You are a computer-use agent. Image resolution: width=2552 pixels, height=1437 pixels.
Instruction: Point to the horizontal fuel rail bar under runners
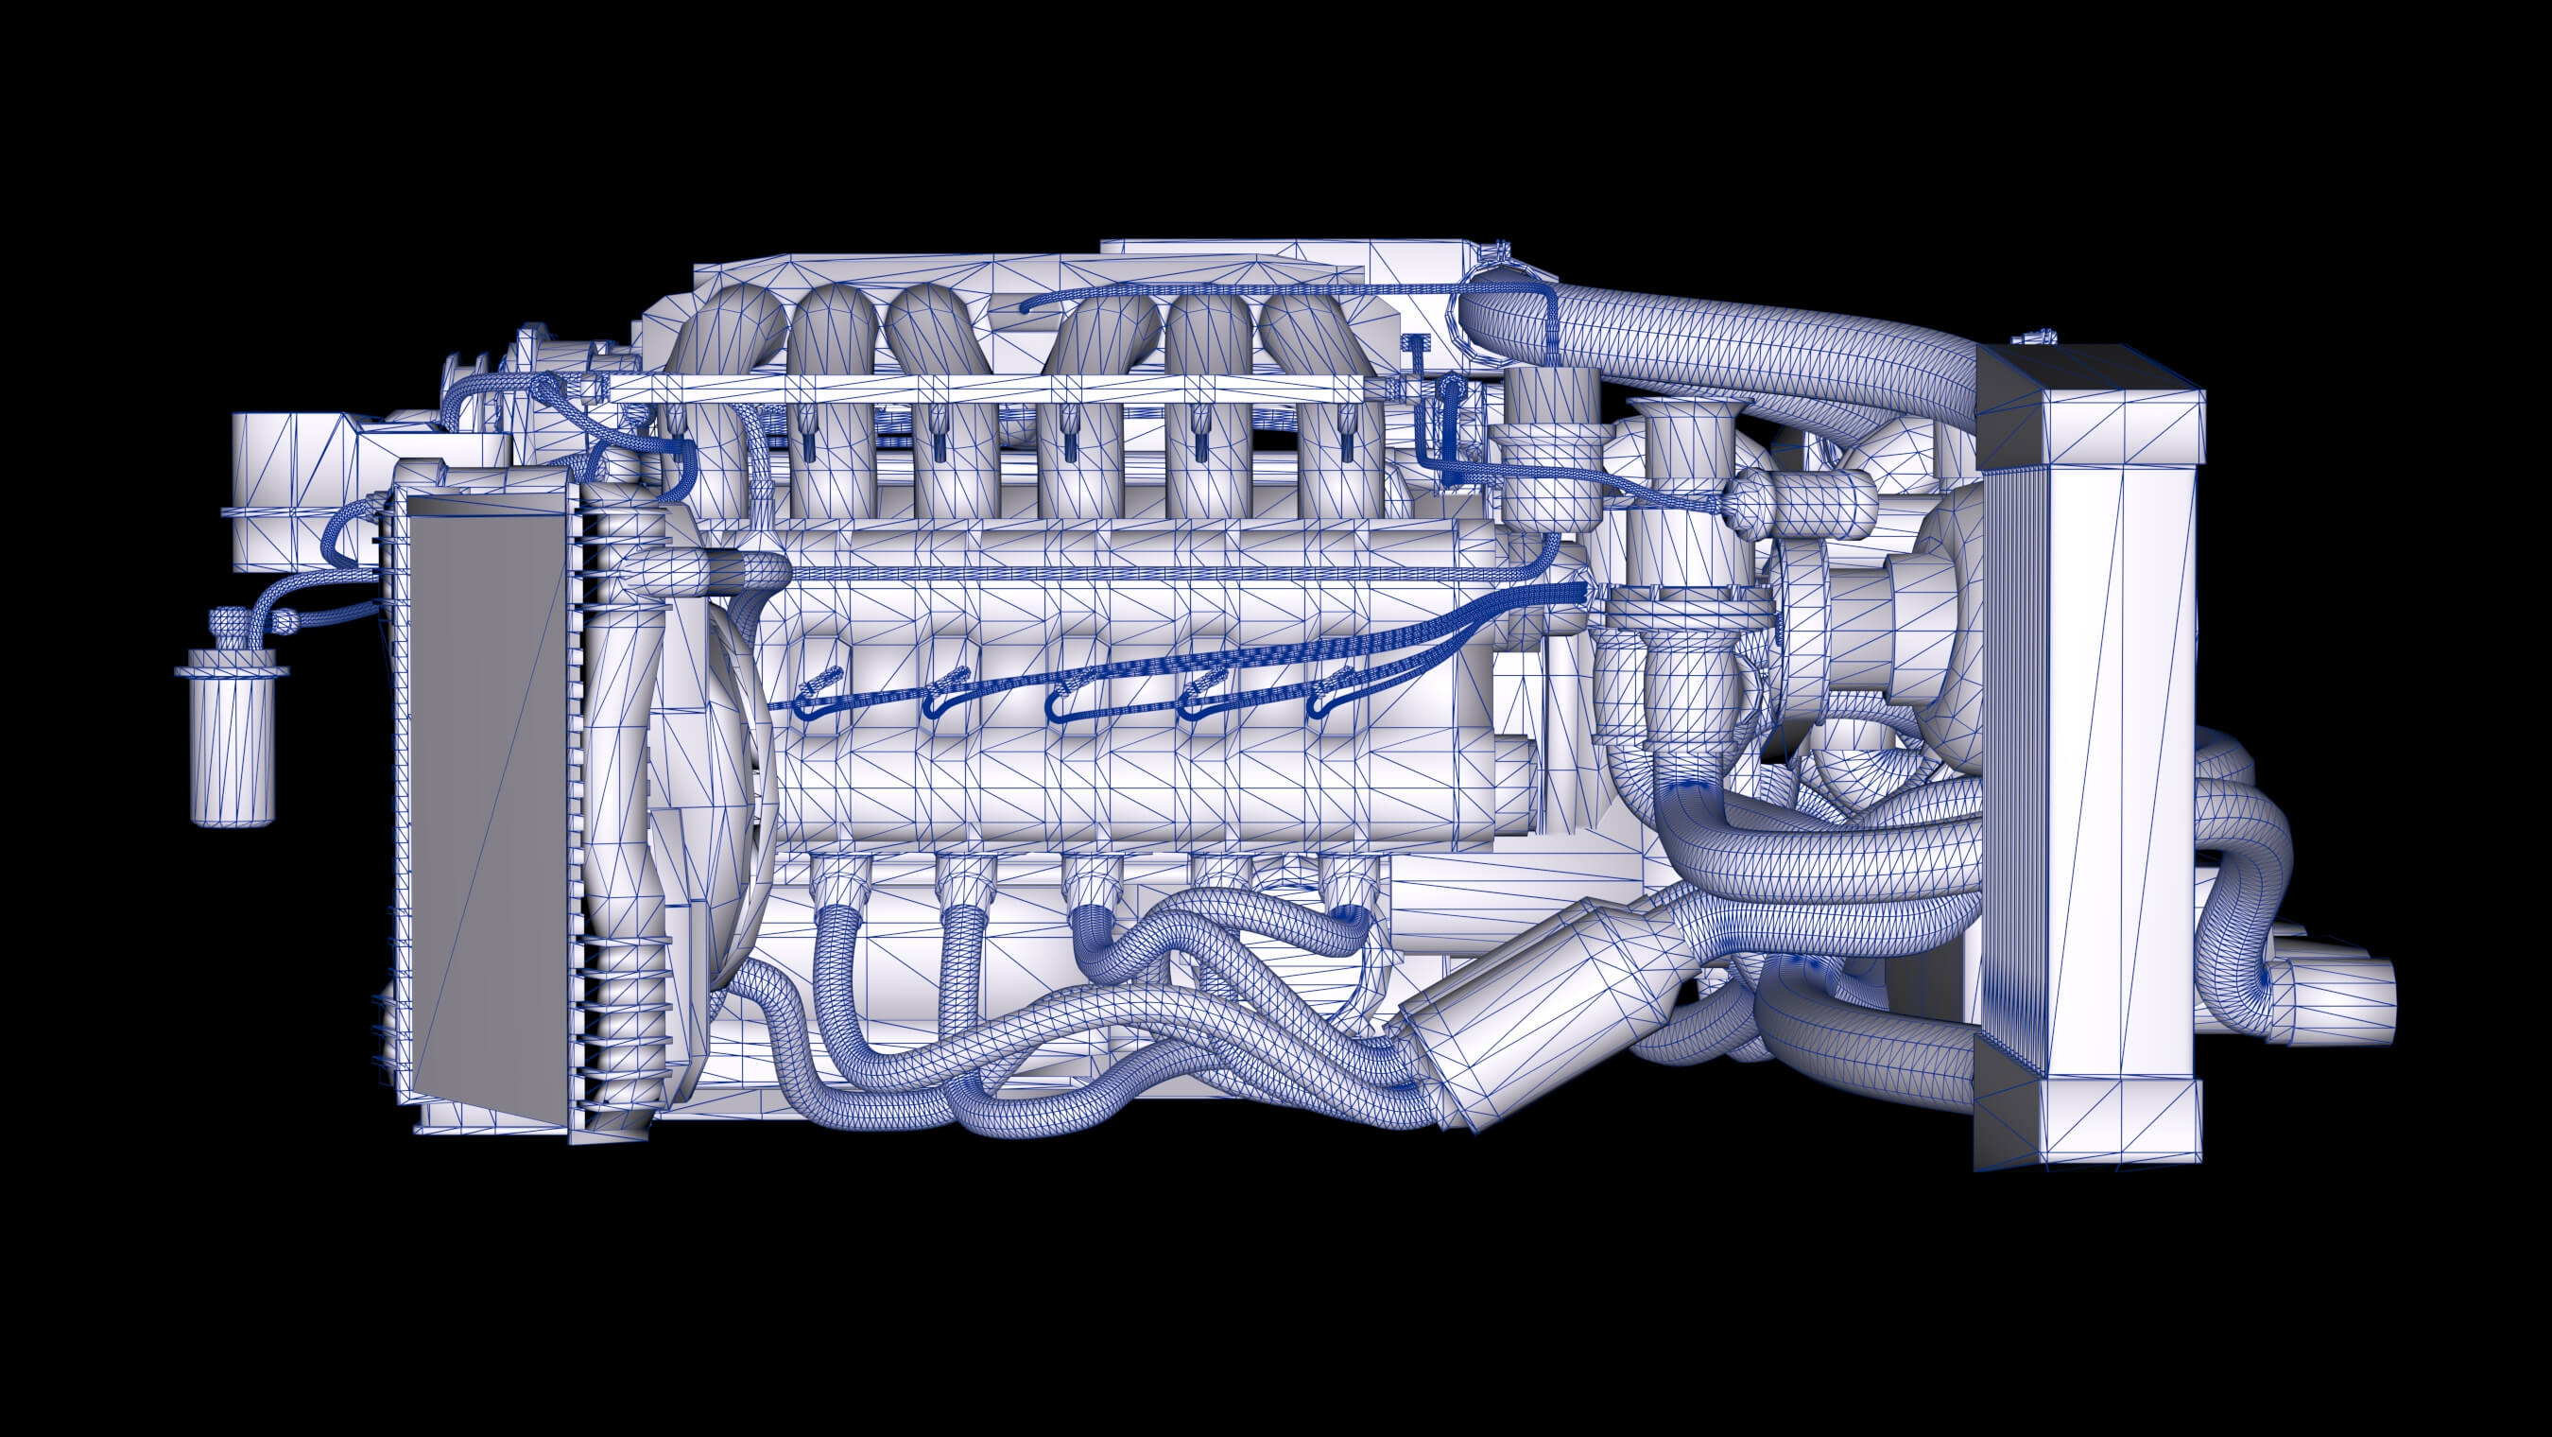coord(991,390)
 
